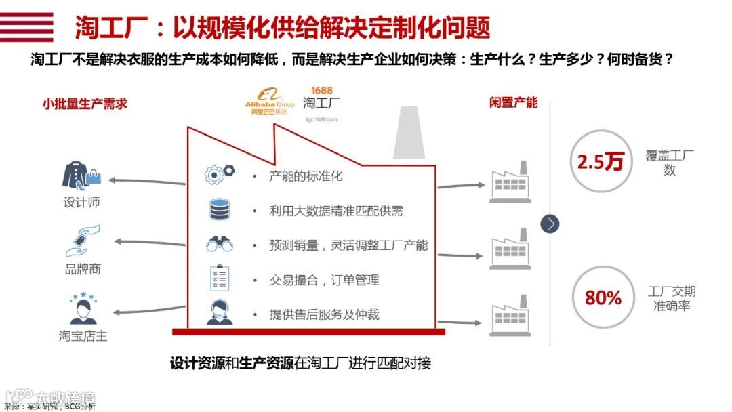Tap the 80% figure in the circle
click(603, 297)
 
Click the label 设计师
click(81, 203)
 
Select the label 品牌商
click(83, 269)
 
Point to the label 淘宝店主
click(83, 336)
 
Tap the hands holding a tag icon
click(82, 241)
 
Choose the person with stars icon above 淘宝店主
click(82, 308)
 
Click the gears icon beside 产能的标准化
click(219, 174)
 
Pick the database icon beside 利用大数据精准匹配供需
click(219, 209)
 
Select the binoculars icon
click(219, 244)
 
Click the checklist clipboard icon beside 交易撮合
click(219, 279)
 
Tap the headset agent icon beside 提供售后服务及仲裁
click(219, 312)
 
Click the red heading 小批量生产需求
click(85, 104)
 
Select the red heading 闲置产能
click(513, 102)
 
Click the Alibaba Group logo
click(269, 102)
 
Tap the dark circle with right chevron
click(550, 224)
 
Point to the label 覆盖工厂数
click(670, 163)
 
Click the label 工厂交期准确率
click(671, 299)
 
